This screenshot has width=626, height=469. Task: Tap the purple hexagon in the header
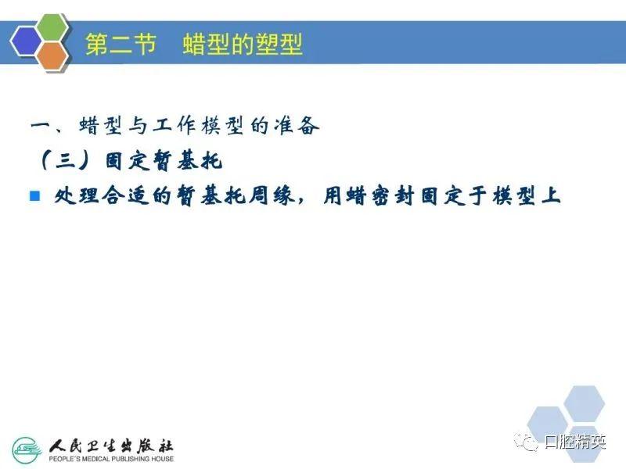27,41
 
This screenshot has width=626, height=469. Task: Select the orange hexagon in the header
52,56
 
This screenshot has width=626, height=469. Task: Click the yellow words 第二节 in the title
121,44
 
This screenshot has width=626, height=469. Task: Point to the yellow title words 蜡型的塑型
243,44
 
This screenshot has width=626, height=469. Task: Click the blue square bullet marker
35,196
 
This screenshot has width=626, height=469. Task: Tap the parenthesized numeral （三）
64,162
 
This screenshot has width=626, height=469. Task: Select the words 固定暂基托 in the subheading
164,161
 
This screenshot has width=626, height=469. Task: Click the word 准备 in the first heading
297,126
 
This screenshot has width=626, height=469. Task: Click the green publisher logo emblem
27,451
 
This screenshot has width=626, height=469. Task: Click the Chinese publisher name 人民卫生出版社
111,446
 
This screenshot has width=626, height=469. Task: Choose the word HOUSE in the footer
163,459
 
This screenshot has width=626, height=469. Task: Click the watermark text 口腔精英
575,442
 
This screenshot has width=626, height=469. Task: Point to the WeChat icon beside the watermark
527,442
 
